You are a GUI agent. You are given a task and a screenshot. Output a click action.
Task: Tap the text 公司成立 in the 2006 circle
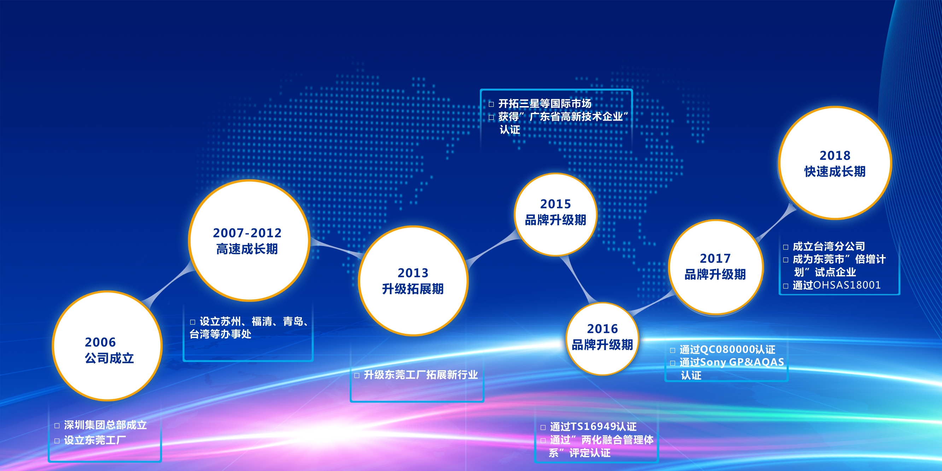coord(109,358)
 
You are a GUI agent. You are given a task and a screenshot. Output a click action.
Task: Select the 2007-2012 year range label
coord(247,233)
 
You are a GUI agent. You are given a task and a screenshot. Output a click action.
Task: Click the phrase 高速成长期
coord(247,249)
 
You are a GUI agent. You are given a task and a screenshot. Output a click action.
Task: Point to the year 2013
coord(413,273)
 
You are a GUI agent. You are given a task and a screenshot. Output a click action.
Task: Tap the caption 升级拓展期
coord(413,289)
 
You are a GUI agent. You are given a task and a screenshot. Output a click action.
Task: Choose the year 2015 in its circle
coord(555,204)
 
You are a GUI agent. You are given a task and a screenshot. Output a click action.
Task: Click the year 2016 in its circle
coord(602,329)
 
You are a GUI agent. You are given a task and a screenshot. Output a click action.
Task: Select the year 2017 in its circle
coord(715,258)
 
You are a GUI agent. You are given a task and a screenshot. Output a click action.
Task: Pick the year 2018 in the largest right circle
coord(835,156)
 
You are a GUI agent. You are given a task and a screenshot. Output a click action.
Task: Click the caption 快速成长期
coord(835,171)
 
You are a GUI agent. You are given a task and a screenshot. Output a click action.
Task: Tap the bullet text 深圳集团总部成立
coord(105,425)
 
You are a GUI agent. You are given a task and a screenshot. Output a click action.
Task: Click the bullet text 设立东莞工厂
coord(95,440)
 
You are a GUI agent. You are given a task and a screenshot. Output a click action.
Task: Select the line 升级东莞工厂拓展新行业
coord(421,375)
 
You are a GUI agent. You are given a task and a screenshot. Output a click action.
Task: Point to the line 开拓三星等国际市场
coord(545,104)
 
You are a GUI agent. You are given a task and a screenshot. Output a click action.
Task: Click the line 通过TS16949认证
coord(593,426)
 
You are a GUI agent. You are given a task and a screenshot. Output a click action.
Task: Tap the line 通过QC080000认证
coord(727,350)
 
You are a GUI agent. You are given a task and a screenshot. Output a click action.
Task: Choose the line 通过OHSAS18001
coord(837,285)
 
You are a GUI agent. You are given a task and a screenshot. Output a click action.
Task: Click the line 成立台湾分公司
coord(829,246)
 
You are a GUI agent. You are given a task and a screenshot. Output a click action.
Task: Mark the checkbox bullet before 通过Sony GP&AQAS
coord(673,363)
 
